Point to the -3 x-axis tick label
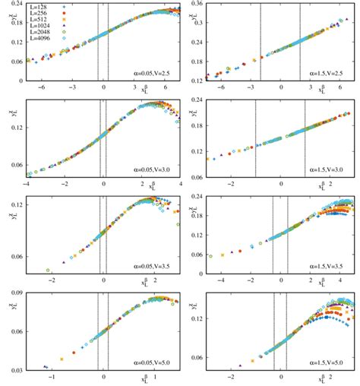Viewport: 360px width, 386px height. pos(71,88)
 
